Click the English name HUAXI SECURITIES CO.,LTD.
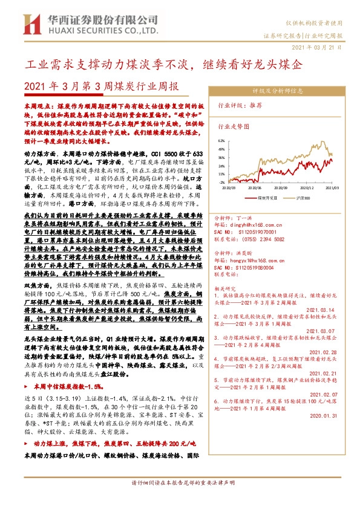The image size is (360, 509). (95, 29)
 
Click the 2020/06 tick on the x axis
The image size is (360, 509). (254, 187)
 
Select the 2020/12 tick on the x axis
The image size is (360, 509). (304, 187)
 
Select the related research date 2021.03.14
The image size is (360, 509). (319, 310)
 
